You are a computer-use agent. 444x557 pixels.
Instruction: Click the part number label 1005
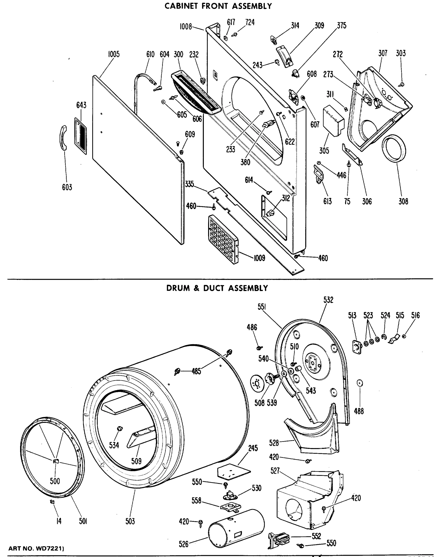pyautogui.click(x=114, y=54)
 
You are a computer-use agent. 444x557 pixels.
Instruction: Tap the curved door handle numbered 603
pyautogui.click(x=62, y=138)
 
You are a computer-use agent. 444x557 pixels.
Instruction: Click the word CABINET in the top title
pyautogui.click(x=182, y=6)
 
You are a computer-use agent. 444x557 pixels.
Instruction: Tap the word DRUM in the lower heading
pyautogui.click(x=178, y=288)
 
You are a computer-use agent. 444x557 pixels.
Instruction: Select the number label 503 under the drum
pyautogui.click(x=130, y=521)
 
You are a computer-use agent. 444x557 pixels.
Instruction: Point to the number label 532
pyautogui.click(x=328, y=300)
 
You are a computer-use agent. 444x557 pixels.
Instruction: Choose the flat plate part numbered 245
pyautogui.click(x=233, y=471)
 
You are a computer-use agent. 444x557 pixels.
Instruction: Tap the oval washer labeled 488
pyautogui.click(x=359, y=383)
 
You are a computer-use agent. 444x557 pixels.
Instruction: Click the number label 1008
pyautogui.click(x=186, y=27)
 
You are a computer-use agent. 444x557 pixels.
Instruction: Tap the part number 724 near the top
pyautogui.click(x=250, y=23)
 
